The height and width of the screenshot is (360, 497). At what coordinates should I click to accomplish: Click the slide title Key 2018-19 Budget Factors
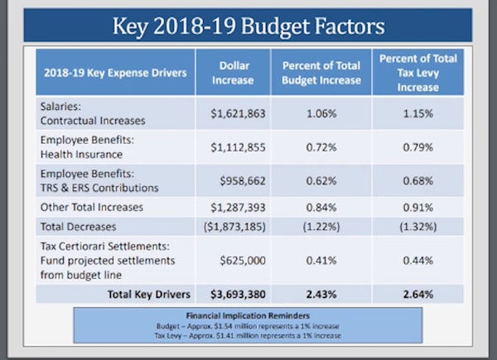coord(248,26)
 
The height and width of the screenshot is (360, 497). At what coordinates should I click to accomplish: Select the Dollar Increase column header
coord(234,73)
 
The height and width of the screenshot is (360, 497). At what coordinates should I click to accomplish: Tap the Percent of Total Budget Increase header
coord(321,73)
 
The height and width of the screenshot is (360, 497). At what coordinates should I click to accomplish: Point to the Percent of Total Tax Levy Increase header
coord(418,73)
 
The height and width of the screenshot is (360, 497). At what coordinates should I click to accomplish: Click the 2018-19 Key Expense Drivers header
coord(115,73)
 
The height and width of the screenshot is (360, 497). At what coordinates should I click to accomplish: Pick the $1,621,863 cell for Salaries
coord(238,113)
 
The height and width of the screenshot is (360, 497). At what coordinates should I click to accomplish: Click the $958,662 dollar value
coord(243,180)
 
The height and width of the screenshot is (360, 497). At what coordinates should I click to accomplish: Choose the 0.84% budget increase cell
coord(321,208)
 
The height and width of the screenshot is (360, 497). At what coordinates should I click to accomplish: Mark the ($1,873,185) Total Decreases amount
coord(234,227)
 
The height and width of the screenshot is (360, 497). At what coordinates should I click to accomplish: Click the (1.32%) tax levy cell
coord(418,227)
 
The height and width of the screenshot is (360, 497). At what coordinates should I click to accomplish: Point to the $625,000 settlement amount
coord(243,261)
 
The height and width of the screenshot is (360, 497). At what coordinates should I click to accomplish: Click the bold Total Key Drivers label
coord(149,295)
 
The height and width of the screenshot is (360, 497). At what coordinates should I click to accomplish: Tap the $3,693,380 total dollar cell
coord(238,295)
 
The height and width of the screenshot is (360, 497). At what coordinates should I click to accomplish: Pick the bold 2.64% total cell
coord(418,295)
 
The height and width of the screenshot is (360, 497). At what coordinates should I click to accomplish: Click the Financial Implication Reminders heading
coord(248,315)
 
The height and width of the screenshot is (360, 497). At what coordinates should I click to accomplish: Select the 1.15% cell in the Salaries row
coord(418,113)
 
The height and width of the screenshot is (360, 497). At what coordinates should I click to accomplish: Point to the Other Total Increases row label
coord(92,207)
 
